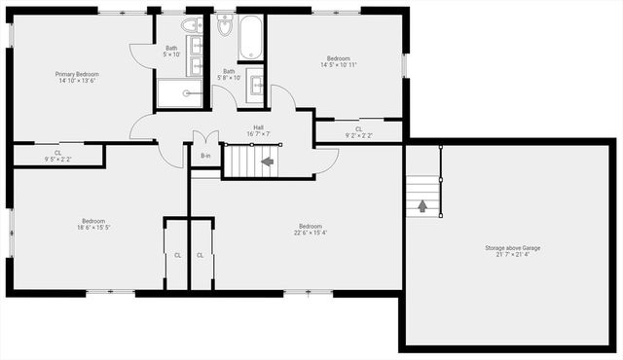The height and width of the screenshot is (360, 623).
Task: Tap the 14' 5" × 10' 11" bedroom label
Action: (x=339, y=61)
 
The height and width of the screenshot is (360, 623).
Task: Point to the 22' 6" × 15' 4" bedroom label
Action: (x=311, y=229)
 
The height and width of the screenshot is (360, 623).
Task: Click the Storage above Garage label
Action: (x=513, y=252)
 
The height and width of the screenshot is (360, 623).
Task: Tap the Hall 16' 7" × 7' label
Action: (x=259, y=130)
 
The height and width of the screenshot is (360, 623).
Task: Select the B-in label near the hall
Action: (x=205, y=156)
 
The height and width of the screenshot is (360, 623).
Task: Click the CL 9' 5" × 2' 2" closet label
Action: (x=57, y=156)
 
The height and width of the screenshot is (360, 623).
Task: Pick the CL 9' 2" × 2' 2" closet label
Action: (x=358, y=132)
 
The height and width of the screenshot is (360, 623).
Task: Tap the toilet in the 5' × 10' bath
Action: (x=191, y=25)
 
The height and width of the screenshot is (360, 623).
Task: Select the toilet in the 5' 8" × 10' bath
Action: (x=225, y=27)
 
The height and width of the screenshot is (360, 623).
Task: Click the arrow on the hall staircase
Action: (x=267, y=161)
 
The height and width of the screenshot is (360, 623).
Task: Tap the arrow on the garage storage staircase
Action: (x=422, y=205)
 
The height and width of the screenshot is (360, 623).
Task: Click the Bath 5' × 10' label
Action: (x=171, y=52)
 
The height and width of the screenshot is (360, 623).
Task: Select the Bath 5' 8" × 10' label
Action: (x=230, y=74)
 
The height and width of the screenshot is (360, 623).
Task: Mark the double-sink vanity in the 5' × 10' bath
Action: (x=195, y=54)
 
